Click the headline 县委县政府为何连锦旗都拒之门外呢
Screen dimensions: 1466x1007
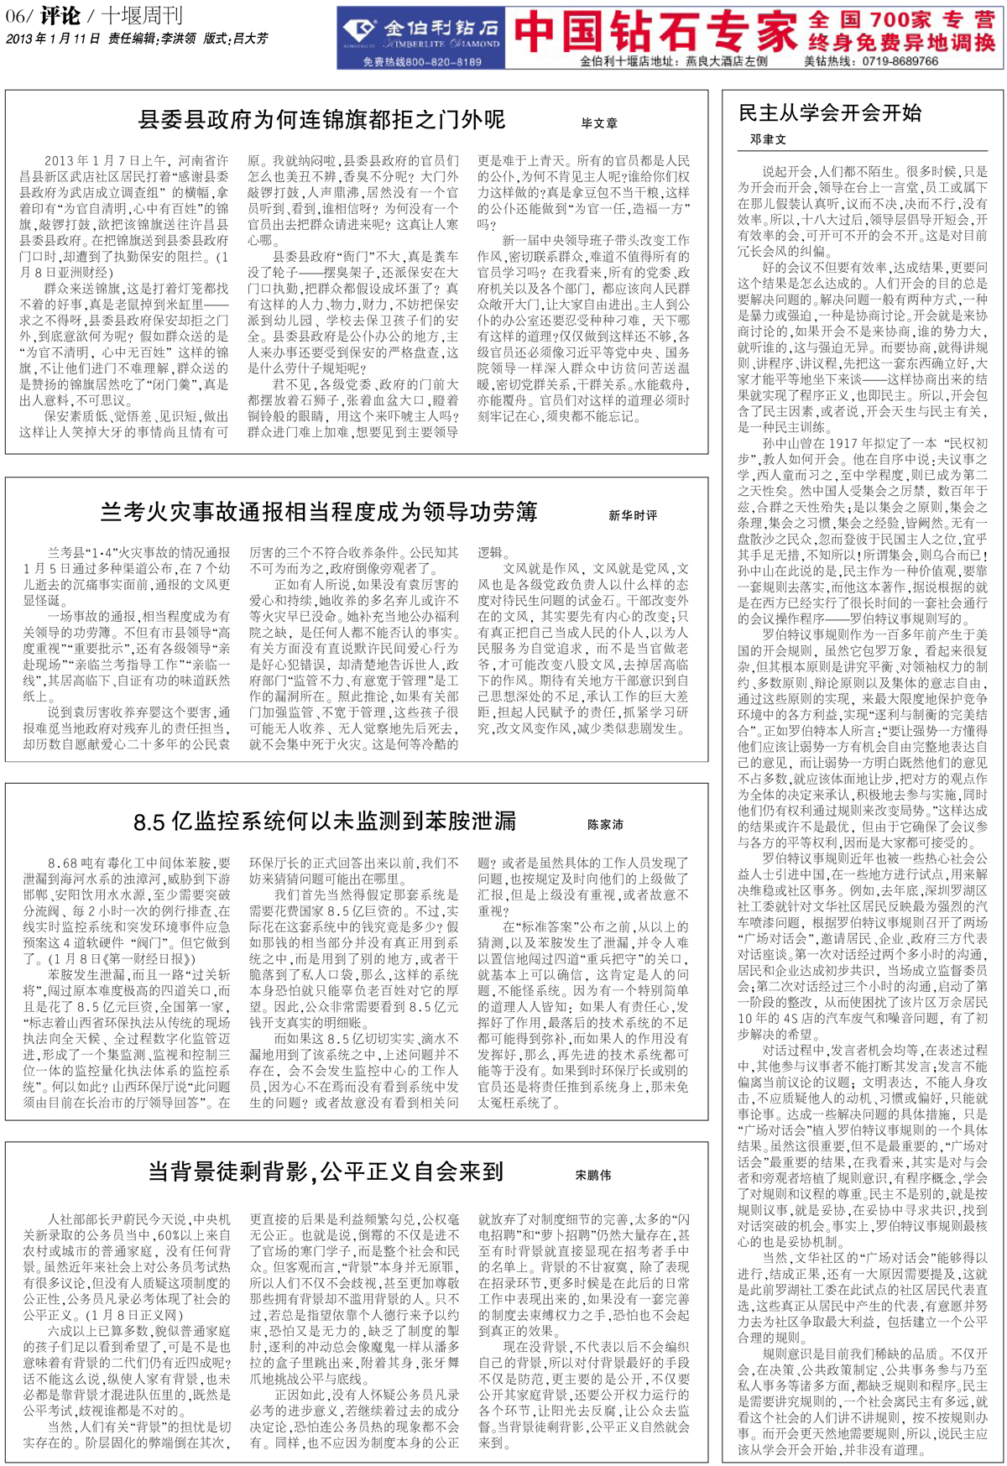click(321, 120)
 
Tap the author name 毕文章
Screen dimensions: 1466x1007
click(599, 123)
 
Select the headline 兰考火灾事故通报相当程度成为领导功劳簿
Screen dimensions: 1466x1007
click(319, 512)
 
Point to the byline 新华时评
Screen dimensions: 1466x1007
click(633, 515)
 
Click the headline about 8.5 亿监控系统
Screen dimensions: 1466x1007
click(325, 822)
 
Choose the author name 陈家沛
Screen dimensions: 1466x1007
click(605, 825)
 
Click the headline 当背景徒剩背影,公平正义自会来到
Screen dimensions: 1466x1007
click(326, 1171)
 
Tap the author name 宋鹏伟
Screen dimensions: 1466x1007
click(593, 1175)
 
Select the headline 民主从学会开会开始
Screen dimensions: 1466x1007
click(829, 113)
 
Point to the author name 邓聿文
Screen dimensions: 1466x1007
click(768, 139)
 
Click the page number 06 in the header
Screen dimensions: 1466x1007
click(17, 16)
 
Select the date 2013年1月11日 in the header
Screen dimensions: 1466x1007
click(53, 39)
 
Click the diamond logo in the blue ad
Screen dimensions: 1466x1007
click(363, 33)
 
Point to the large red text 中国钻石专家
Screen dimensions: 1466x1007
click(655, 32)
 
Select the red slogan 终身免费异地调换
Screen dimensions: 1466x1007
click(902, 43)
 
